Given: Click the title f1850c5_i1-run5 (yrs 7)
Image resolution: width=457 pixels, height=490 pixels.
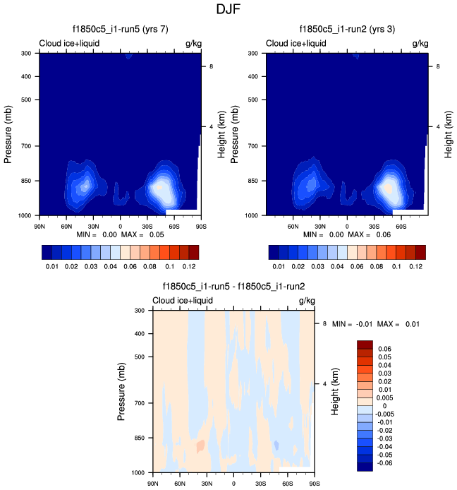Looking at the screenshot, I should (121, 30).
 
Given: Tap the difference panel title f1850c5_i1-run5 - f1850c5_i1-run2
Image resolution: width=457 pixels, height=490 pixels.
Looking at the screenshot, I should (233, 287).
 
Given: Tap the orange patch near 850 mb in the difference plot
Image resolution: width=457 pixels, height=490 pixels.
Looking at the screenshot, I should (201, 446).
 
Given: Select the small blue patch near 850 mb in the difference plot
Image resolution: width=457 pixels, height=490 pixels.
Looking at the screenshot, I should (278, 446).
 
